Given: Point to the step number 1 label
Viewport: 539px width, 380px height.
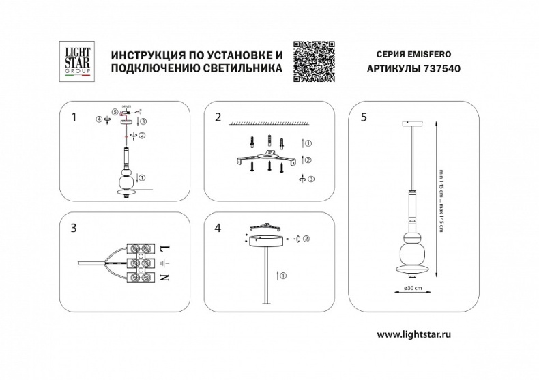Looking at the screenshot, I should [x=74, y=117].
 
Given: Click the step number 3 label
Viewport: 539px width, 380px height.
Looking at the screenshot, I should [x=74, y=229].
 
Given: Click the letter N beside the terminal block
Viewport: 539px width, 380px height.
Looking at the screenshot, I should [x=164, y=278].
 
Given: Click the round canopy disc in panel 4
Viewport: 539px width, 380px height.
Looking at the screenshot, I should [x=264, y=239].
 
